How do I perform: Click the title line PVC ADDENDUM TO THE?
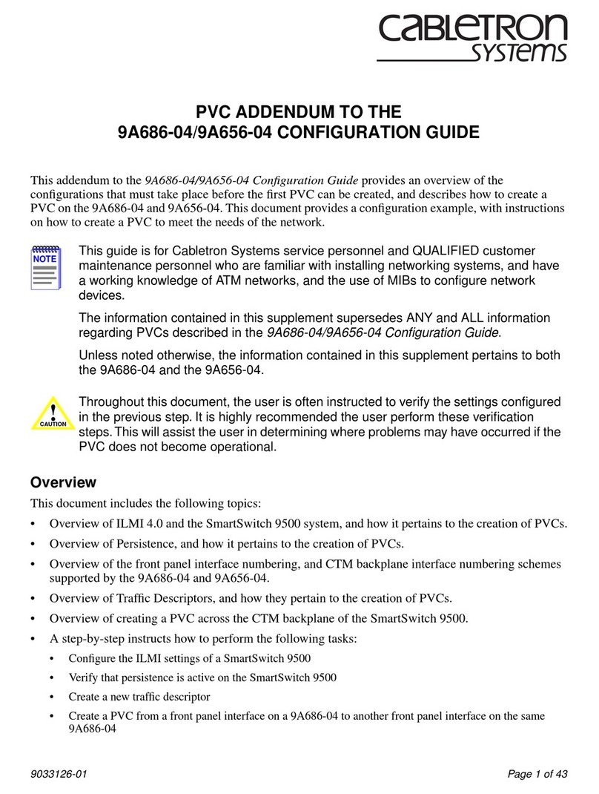point(298,113)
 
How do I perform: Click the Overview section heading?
point(63,482)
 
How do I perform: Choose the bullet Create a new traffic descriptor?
point(139,697)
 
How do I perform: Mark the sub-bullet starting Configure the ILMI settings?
point(189,658)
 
